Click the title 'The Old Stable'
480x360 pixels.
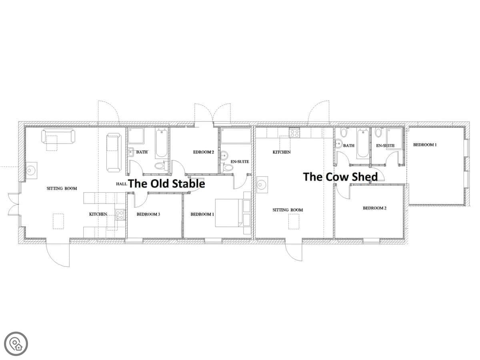(x=166, y=184)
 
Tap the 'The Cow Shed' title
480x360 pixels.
(x=340, y=177)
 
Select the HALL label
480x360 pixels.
(x=121, y=184)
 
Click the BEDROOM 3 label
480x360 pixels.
(x=148, y=214)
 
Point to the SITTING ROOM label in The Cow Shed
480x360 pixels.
(x=288, y=210)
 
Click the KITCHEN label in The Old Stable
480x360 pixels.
(x=98, y=214)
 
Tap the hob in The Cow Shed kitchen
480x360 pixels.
(x=294, y=133)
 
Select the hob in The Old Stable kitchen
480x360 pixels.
(x=120, y=215)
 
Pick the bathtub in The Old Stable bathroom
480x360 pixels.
(x=161, y=143)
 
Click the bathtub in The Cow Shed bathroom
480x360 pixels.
(x=363, y=143)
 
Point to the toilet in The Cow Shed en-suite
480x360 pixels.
(x=378, y=133)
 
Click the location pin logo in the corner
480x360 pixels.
(x=16, y=344)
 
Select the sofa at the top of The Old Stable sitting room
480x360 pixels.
(x=58, y=136)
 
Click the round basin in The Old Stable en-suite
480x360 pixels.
(x=224, y=155)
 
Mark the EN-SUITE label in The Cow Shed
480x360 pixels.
(x=385, y=146)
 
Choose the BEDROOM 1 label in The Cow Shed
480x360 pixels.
(x=425, y=145)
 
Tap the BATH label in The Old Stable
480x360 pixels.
(x=142, y=152)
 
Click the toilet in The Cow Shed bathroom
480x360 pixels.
(x=344, y=133)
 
